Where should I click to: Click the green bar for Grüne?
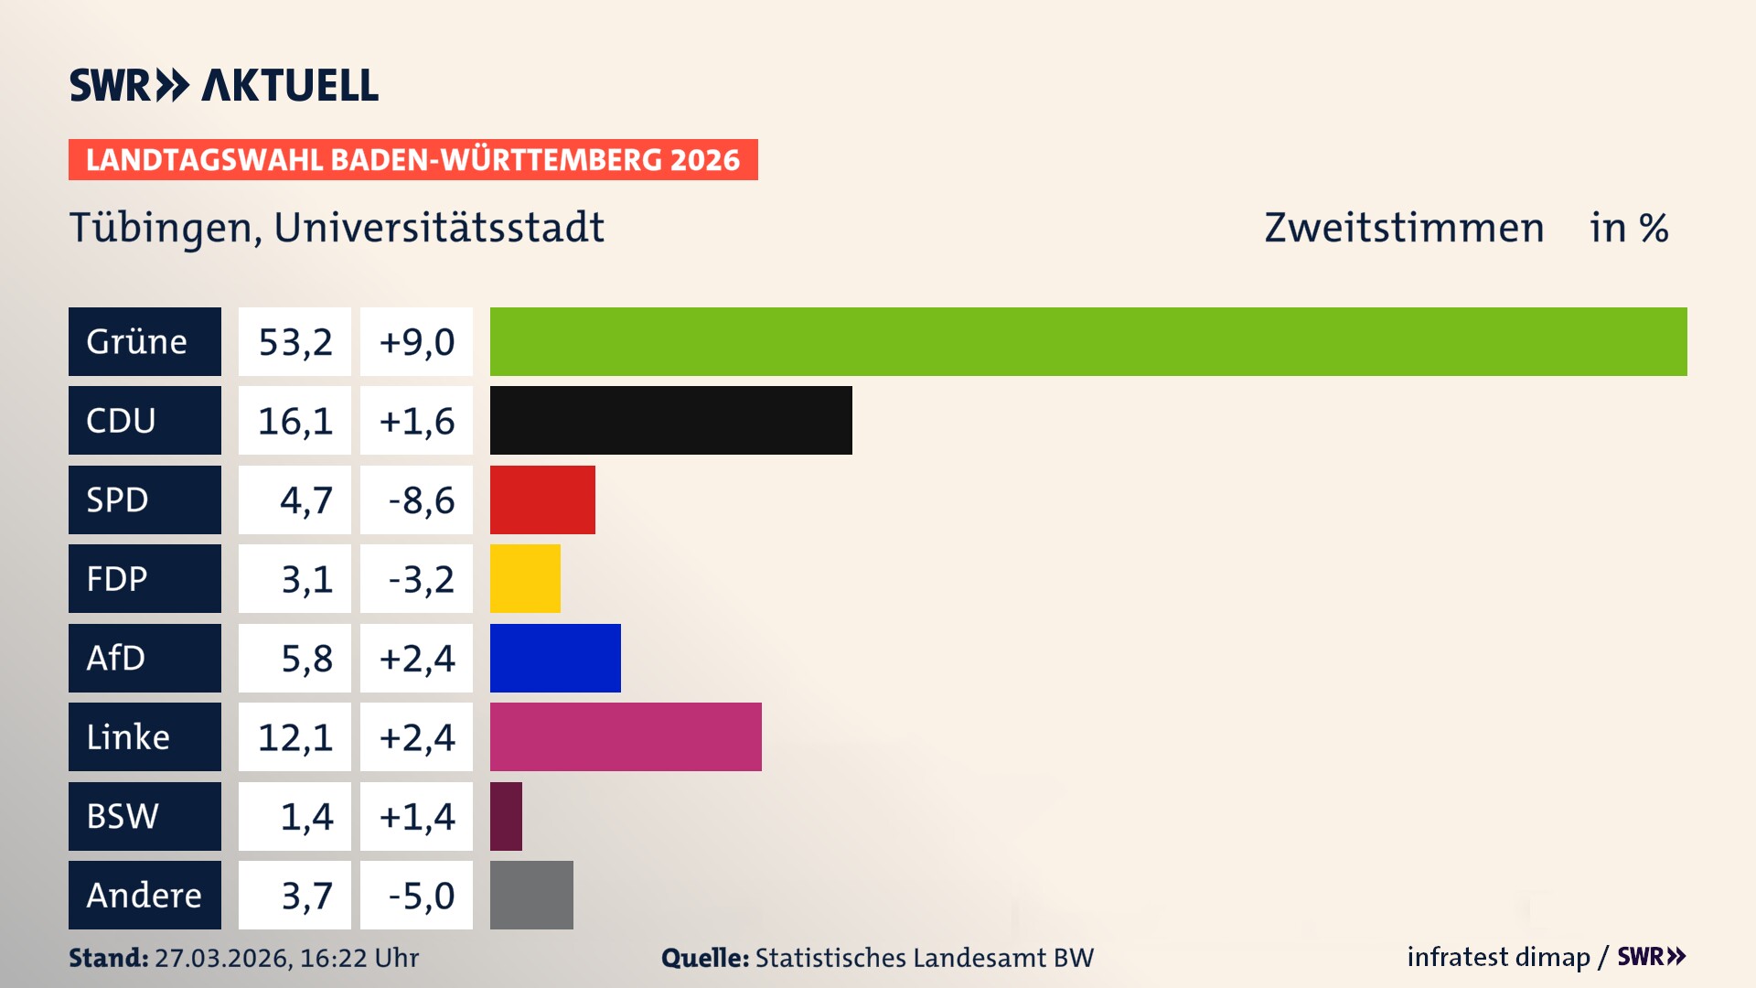pos(1088,341)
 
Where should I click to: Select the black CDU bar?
pos(670,420)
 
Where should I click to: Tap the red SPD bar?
pos(542,499)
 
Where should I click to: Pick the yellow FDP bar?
pos(525,578)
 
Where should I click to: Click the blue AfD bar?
pos(555,658)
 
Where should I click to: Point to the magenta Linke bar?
pos(626,736)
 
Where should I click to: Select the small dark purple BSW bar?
pos(506,816)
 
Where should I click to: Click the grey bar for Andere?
pos(531,895)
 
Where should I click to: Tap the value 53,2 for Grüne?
pos(294,341)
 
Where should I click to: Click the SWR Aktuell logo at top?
pos(224,85)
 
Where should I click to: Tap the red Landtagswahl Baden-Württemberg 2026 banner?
pos(412,159)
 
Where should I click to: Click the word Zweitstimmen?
pos(1404,228)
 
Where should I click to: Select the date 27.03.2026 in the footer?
pos(222,958)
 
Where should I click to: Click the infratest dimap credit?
pos(1498,957)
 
